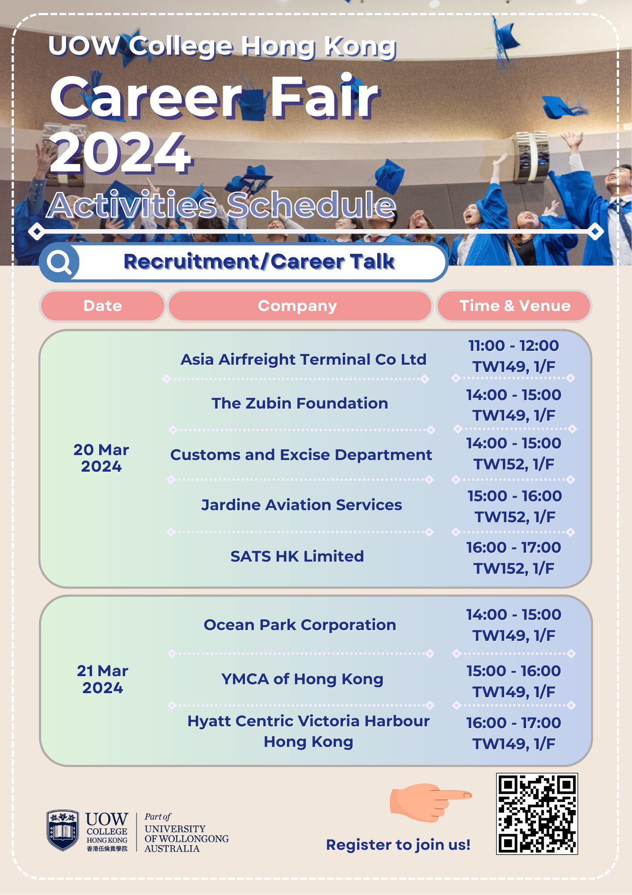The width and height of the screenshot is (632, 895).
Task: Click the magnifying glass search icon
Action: tap(59, 262)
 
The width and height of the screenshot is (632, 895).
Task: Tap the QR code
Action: tap(537, 814)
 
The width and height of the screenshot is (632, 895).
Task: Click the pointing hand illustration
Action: tap(430, 802)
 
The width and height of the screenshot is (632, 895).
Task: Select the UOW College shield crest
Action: tap(63, 830)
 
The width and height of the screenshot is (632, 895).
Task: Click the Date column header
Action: tap(103, 306)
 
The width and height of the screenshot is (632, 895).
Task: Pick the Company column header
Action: tap(298, 306)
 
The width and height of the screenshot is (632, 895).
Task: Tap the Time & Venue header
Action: tap(515, 306)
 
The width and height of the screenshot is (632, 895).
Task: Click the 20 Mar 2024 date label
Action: tap(101, 458)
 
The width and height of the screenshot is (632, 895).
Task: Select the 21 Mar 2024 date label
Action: tap(102, 679)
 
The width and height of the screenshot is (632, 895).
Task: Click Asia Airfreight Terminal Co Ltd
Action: tap(303, 359)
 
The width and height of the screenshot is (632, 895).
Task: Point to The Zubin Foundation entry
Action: tap(300, 403)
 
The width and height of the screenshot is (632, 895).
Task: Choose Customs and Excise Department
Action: tap(301, 455)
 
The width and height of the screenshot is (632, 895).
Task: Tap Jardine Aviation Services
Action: tap(302, 505)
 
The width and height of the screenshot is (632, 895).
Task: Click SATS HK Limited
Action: tap(297, 556)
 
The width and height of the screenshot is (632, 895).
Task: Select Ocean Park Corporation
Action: tap(300, 625)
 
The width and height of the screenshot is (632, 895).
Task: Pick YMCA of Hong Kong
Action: tap(303, 679)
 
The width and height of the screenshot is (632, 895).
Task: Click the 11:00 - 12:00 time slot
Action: tap(514, 345)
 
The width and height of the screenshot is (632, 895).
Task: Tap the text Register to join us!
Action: tap(398, 845)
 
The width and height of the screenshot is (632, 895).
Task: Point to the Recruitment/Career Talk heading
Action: tap(259, 261)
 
